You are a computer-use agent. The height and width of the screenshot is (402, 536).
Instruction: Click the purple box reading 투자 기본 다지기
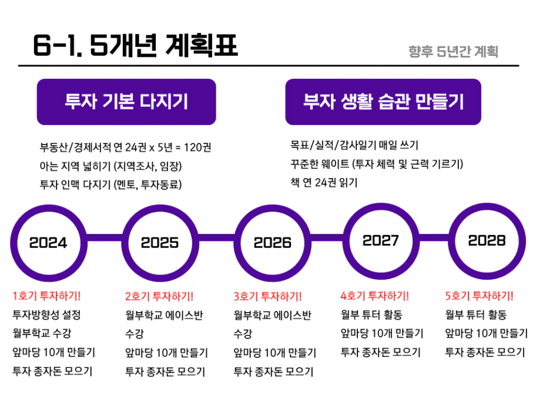pyautogui.click(x=126, y=102)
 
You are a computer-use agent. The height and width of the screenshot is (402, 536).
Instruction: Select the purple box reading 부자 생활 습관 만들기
pyautogui.click(x=383, y=102)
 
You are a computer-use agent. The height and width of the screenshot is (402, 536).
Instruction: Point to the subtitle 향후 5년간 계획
pyautogui.click(x=453, y=52)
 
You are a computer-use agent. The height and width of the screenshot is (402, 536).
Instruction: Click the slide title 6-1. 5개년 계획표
pyautogui.click(x=135, y=45)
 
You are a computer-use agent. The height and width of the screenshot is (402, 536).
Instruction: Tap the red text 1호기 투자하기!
pyautogui.click(x=46, y=296)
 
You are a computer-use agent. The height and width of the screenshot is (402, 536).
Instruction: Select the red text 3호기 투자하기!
pyautogui.click(x=267, y=296)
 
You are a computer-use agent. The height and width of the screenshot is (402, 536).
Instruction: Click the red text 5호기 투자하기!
pyautogui.click(x=479, y=296)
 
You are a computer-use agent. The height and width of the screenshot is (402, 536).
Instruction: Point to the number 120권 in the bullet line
pyautogui.click(x=197, y=148)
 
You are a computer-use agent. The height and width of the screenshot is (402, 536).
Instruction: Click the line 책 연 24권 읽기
pyautogui.click(x=324, y=183)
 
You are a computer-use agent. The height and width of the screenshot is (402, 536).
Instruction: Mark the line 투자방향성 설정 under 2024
pyautogui.click(x=46, y=314)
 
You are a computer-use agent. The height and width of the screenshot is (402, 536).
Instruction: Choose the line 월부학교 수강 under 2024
pyautogui.click(x=42, y=333)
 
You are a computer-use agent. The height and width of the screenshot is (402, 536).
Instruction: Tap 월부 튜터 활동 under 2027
pyautogui.click(x=371, y=314)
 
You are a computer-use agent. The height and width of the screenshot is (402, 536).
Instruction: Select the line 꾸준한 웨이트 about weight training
pyautogui.click(x=377, y=164)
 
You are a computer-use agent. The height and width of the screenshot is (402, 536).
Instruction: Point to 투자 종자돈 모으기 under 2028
pyautogui.click(x=485, y=352)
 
